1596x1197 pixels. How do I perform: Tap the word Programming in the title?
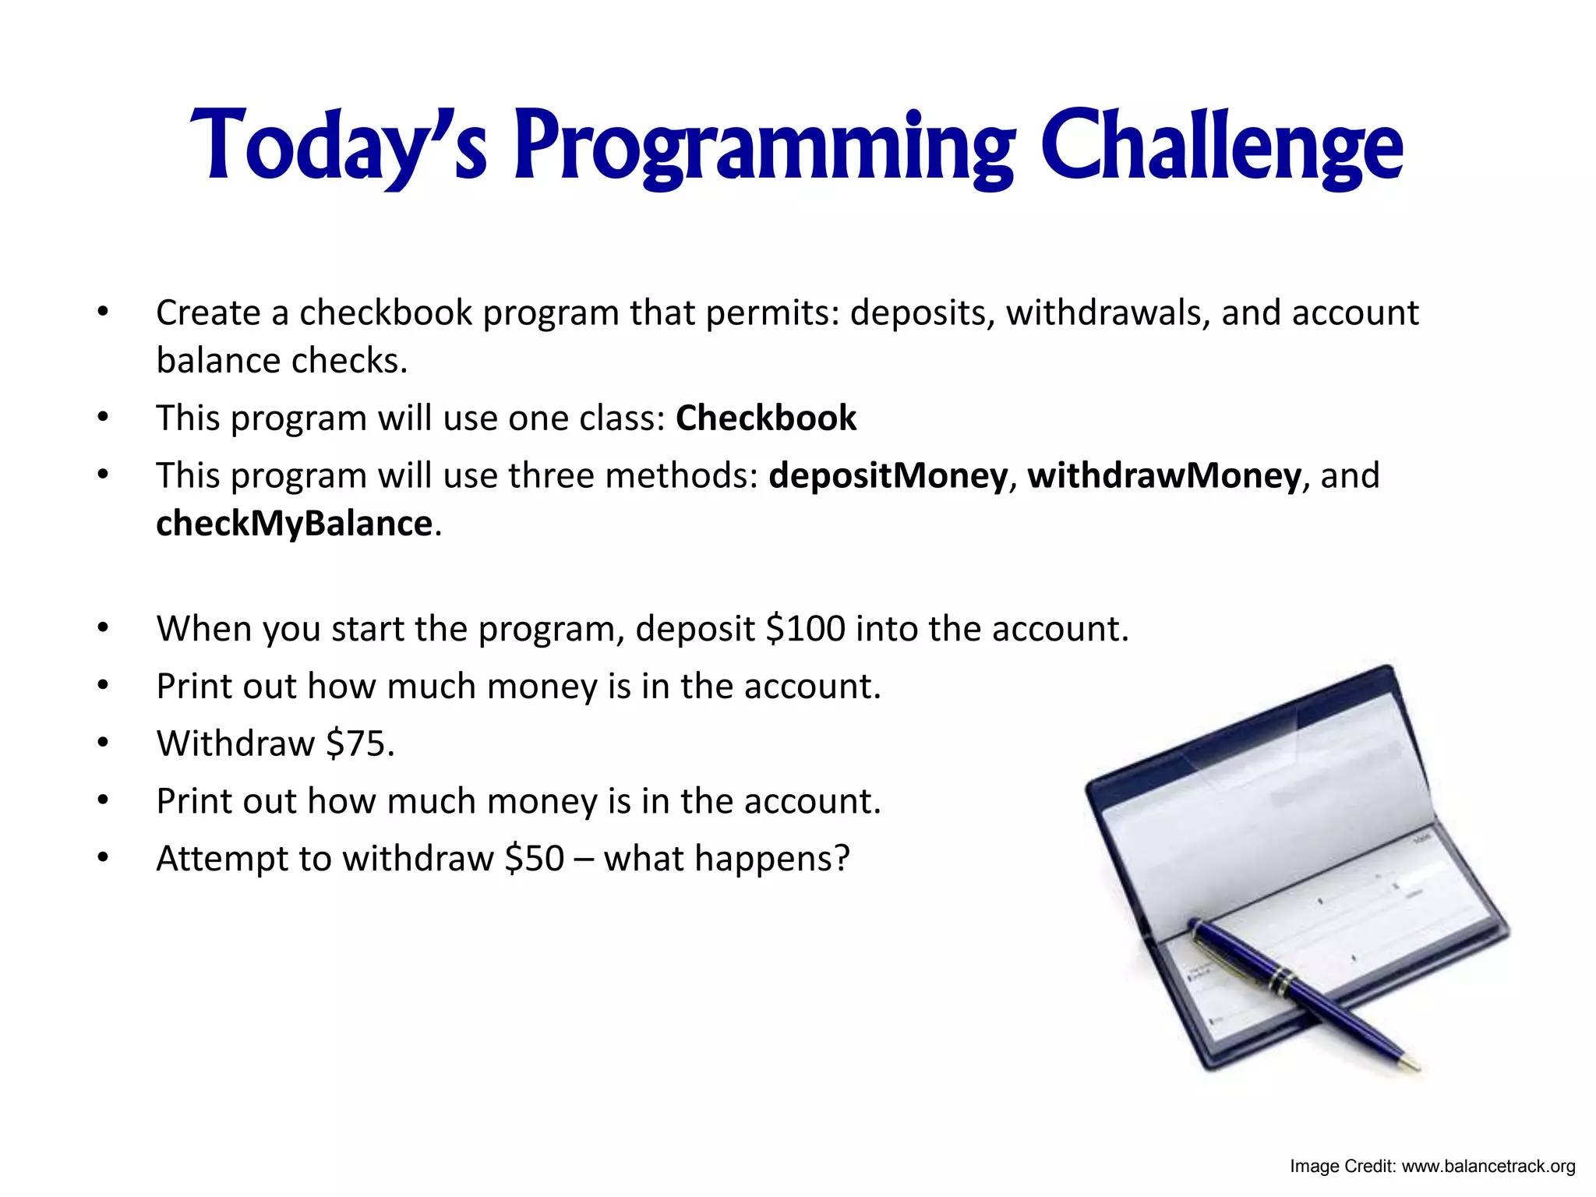pyautogui.click(x=764, y=148)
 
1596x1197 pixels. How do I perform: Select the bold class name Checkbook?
pyautogui.click(x=766, y=418)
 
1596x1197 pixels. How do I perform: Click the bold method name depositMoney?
pyautogui.click(x=888, y=475)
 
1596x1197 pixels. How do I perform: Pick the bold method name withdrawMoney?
pyautogui.click(x=1164, y=475)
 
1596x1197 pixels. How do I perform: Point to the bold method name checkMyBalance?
pyautogui.click(x=294, y=524)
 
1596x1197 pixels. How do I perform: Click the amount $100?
pyautogui.click(x=805, y=629)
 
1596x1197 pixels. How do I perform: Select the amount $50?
pyautogui.click(x=534, y=859)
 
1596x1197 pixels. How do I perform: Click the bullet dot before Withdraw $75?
pyautogui.click(x=103, y=743)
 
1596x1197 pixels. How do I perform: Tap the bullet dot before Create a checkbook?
pyautogui.click(x=103, y=312)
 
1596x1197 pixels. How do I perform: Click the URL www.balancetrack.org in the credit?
pyautogui.click(x=1488, y=1167)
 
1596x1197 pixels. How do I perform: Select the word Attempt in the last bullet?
pyautogui.click(x=222, y=859)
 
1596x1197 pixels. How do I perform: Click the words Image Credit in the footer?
pyautogui.click(x=1340, y=1167)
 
